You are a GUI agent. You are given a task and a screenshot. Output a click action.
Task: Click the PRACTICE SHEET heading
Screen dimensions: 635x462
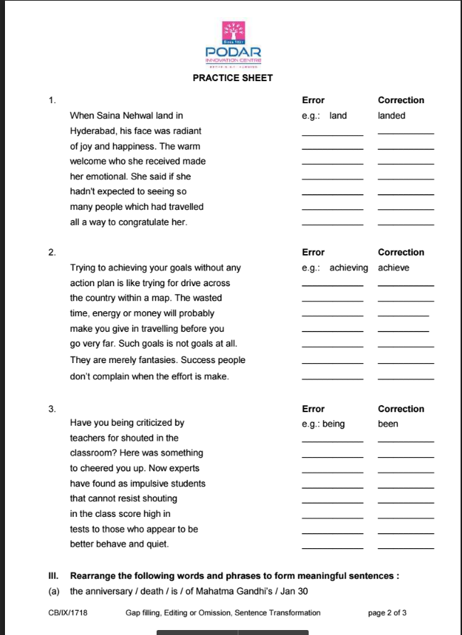click(233, 78)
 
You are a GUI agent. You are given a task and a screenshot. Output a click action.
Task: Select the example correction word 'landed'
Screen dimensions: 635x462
click(392, 115)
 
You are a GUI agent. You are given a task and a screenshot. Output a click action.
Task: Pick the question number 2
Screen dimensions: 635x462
click(52, 253)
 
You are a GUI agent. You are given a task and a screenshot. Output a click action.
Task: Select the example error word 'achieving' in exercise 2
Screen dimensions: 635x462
click(349, 268)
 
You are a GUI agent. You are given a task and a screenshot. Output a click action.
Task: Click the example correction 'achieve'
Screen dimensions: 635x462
click(394, 268)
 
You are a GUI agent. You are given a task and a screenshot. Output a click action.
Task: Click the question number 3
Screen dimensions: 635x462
click(52, 409)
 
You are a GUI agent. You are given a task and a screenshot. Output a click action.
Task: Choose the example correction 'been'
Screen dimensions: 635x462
click(388, 424)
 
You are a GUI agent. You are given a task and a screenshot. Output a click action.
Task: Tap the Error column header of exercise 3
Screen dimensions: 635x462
click(313, 409)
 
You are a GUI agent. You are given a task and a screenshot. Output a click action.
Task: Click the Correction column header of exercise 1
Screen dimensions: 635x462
click(401, 100)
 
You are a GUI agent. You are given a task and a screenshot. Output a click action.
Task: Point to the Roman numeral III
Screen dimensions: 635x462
click(53, 575)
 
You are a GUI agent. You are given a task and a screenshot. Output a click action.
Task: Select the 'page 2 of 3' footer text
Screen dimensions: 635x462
click(387, 612)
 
